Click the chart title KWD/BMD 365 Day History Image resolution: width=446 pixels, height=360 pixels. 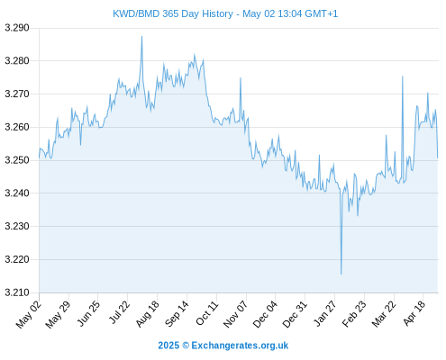click(x=173, y=13)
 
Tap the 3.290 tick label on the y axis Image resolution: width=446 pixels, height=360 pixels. click(x=17, y=28)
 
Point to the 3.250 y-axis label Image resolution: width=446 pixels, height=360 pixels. click(x=17, y=160)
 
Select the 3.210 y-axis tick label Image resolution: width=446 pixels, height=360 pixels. click(x=17, y=292)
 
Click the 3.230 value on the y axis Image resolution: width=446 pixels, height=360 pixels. click(x=17, y=226)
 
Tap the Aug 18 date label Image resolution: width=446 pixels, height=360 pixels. click(x=147, y=313)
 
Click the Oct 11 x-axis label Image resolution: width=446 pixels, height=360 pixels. click(x=206, y=313)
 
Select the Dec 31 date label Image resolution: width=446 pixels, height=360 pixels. click(x=296, y=314)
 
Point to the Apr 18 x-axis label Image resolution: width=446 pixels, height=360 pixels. click(x=414, y=313)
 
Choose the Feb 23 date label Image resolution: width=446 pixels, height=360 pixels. click(x=354, y=313)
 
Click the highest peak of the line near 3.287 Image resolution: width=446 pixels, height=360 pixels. click(x=142, y=36)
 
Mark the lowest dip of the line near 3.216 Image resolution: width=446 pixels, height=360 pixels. click(x=341, y=274)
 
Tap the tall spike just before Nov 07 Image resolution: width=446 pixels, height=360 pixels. click(x=241, y=78)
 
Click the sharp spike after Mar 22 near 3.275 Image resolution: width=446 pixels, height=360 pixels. click(x=403, y=76)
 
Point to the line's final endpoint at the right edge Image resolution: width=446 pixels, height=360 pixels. click(x=438, y=157)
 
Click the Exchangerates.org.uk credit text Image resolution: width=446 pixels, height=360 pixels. click(x=240, y=346)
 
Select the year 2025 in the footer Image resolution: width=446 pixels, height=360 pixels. click(x=168, y=346)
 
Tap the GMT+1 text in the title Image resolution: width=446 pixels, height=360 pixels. click(x=321, y=13)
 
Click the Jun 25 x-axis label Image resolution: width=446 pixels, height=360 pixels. click(x=88, y=313)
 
